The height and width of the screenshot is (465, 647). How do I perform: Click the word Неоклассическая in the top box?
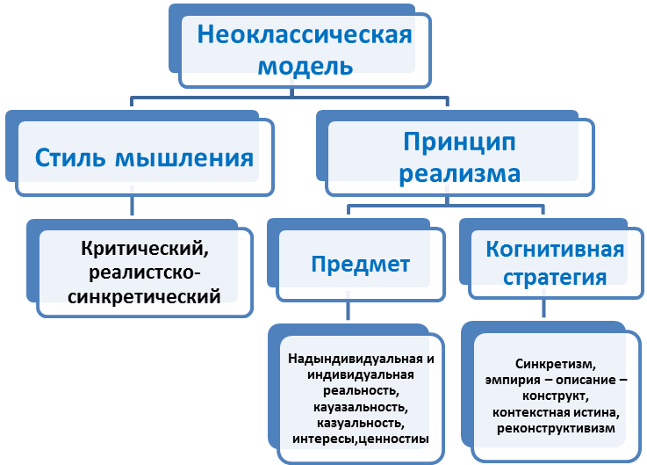pos(305,36)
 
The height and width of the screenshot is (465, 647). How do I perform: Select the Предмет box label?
pos(361,264)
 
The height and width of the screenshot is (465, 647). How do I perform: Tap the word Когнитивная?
pos(555,249)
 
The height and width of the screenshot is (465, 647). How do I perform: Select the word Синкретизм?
pos(556,364)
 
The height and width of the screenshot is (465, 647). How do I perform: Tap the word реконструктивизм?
pos(555,428)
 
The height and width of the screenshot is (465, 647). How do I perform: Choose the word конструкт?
pos(555,396)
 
